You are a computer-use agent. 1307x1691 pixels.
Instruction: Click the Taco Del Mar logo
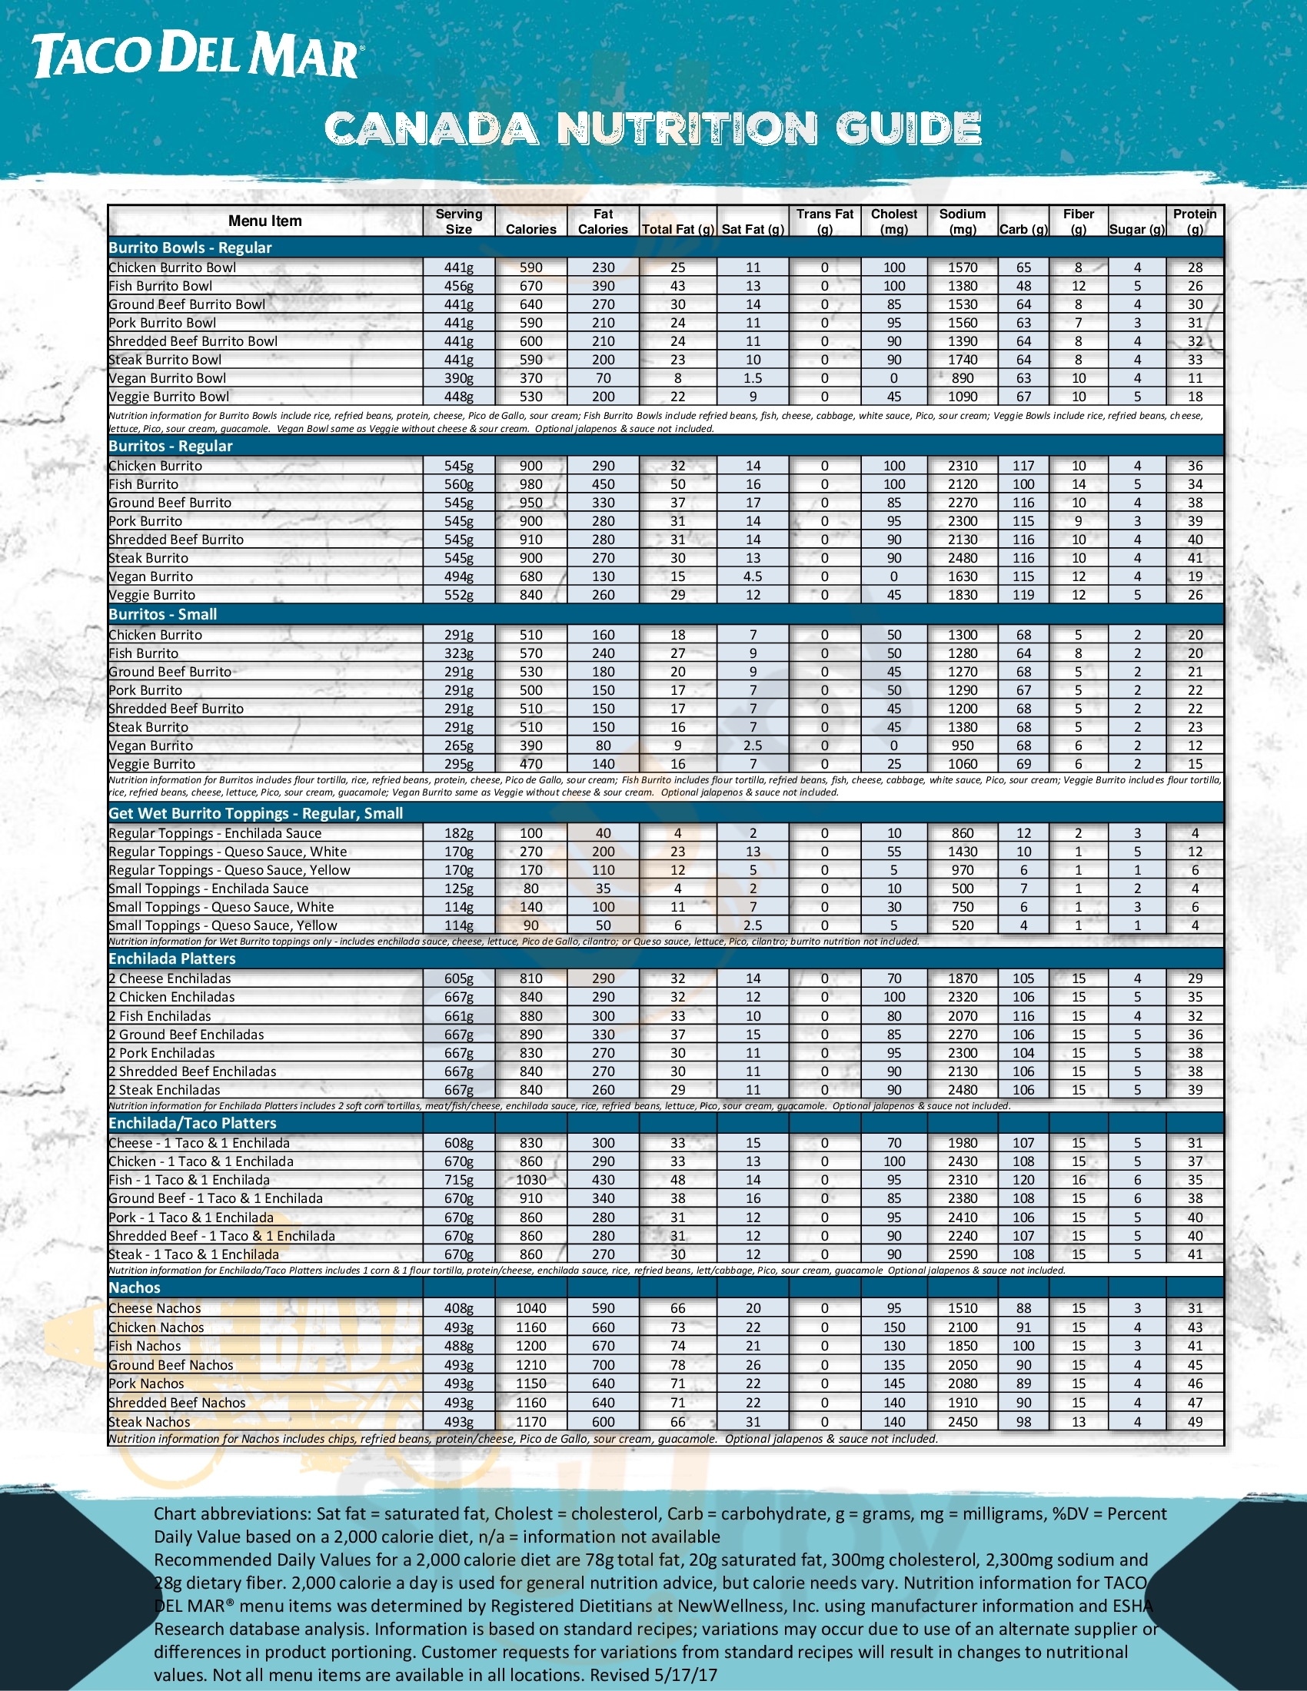[197, 57]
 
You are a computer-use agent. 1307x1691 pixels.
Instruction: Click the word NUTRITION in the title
[687, 128]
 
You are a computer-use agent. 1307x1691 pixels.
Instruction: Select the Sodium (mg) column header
[963, 221]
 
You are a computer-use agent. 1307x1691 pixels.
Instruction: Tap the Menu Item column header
[264, 221]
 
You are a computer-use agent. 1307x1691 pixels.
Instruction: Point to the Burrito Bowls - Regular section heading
[191, 248]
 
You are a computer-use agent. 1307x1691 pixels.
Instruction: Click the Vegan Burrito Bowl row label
[168, 379]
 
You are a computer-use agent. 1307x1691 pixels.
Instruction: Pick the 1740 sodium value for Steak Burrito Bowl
[963, 360]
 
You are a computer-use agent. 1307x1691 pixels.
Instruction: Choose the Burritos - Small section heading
[162, 615]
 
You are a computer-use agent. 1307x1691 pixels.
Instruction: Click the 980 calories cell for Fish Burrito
[530, 485]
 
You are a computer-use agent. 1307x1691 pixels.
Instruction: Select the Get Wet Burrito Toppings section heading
[255, 814]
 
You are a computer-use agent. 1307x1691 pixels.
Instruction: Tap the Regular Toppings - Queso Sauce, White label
[228, 852]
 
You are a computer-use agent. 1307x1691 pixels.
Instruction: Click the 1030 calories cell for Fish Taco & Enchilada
[530, 1180]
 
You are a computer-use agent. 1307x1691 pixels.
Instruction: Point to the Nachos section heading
[134, 1287]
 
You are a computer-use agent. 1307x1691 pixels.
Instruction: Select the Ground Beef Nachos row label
[171, 1365]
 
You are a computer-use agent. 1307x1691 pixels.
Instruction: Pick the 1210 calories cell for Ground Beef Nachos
[530, 1365]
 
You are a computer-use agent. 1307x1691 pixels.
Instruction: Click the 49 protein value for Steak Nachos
[1195, 1421]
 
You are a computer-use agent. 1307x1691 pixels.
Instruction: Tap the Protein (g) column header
[1195, 221]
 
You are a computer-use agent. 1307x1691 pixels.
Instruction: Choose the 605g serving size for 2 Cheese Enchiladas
[458, 978]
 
